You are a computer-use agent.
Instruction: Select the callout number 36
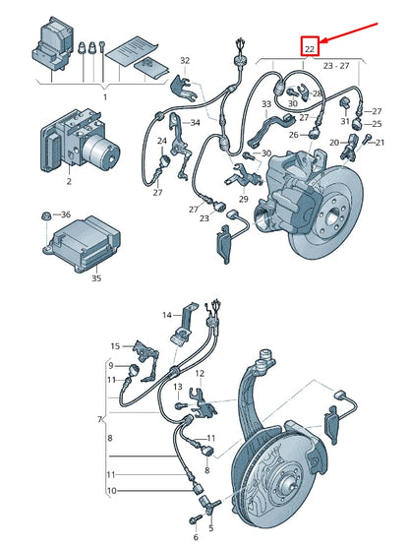(x=65, y=214)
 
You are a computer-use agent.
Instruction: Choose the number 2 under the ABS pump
(x=68, y=183)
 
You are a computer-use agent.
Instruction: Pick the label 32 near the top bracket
(x=185, y=61)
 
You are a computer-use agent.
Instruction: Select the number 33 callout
(x=266, y=104)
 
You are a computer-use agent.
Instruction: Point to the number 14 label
(x=167, y=314)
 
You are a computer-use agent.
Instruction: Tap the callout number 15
(x=115, y=346)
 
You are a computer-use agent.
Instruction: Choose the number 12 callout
(x=201, y=373)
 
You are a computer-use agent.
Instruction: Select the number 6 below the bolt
(x=195, y=538)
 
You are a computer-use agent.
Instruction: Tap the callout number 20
(x=333, y=144)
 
